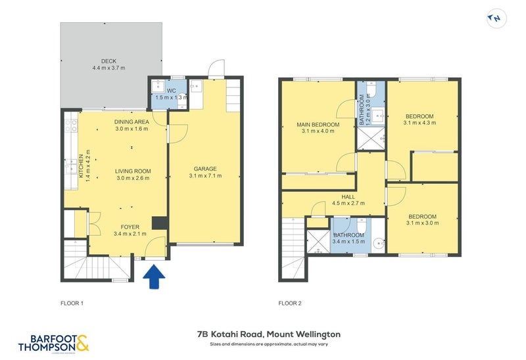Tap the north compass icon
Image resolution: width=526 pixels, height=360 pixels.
pos(496,19)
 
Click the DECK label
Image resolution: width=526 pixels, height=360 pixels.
pos(109,61)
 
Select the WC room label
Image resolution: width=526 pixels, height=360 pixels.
pos(171,91)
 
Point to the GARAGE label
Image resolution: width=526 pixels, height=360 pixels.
pos(205,168)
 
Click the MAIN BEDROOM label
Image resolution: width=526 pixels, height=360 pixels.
pos(318,125)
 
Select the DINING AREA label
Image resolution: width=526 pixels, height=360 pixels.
pos(131,122)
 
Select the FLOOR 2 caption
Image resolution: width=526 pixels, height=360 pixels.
pos(290,304)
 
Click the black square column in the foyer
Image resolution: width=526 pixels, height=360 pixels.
pos(158,223)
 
